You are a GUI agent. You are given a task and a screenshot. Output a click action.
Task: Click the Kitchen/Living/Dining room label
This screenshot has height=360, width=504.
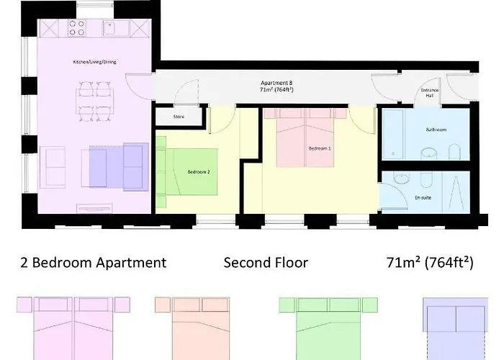[94, 63]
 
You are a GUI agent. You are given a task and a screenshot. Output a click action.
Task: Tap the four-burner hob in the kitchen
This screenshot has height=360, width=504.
[76, 28]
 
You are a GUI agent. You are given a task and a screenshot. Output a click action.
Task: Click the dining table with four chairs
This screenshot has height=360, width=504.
[94, 102]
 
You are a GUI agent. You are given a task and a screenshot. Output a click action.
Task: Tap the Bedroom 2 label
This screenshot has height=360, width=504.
[198, 172]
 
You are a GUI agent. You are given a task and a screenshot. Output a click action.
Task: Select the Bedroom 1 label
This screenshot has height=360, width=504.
[320, 148]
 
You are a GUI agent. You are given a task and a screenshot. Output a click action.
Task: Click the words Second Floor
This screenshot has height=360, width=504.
[266, 263]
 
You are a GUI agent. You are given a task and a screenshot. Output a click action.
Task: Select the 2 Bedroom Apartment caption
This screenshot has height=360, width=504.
[94, 263]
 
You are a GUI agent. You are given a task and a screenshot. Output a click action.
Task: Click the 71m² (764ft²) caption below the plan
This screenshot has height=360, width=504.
[429, 263]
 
